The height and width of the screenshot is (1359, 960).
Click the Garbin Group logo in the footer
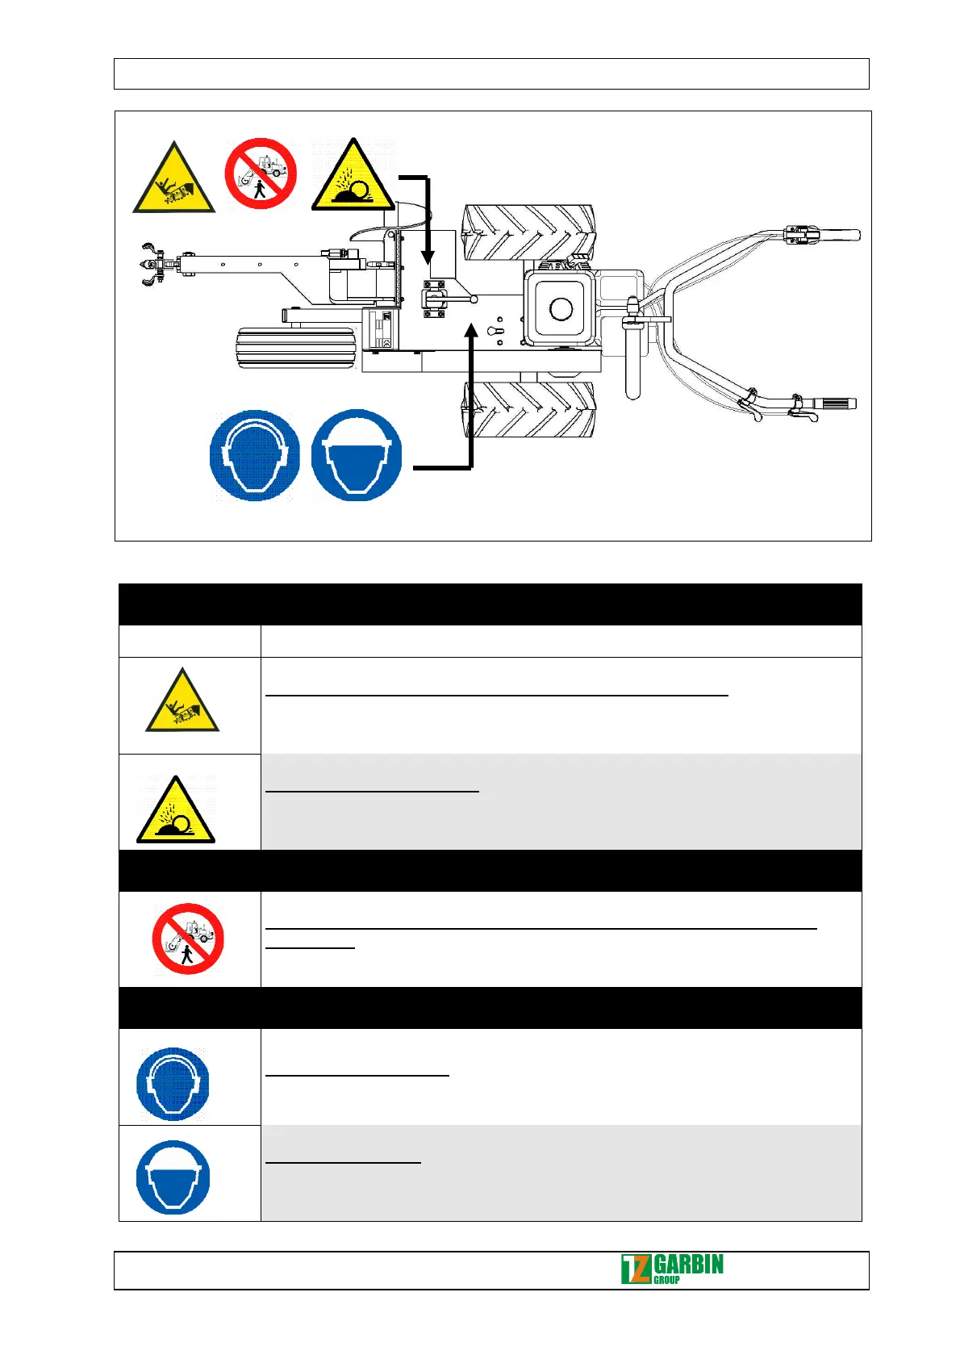(x=672, y=1269)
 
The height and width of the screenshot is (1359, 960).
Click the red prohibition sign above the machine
(x=261, y=174)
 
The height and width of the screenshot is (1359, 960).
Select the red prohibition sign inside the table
(x=188, y=939)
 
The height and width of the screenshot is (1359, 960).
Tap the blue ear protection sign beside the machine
(x=254, y=455)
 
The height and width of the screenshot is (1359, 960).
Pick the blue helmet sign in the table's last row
(x=173, y=1177)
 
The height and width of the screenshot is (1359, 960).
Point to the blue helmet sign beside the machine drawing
(x=356, y=455)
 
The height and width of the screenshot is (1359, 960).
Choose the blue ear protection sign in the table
(x=173, y=1084)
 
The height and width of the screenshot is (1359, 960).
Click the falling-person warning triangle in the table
(x=182, y=702)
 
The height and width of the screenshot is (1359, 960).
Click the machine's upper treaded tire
(x=529, y=232)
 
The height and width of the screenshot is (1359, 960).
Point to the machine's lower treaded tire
(x=529, y=410)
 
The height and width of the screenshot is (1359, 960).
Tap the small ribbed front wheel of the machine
(x=297, y=348)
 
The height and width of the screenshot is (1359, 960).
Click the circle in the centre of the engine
(x=561, y=308)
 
